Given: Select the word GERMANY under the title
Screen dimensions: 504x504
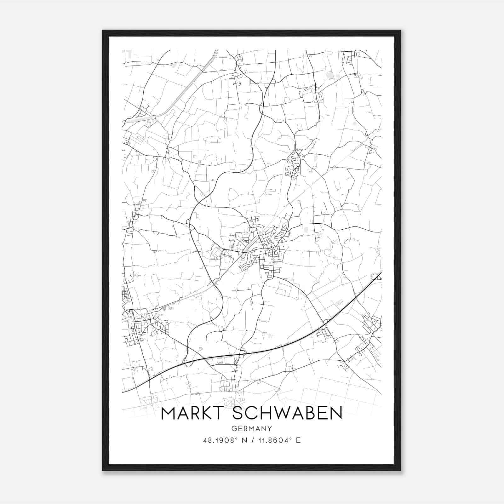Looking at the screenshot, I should tap(252, 428).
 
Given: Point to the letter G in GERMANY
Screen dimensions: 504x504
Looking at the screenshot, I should tap(233, 428).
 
